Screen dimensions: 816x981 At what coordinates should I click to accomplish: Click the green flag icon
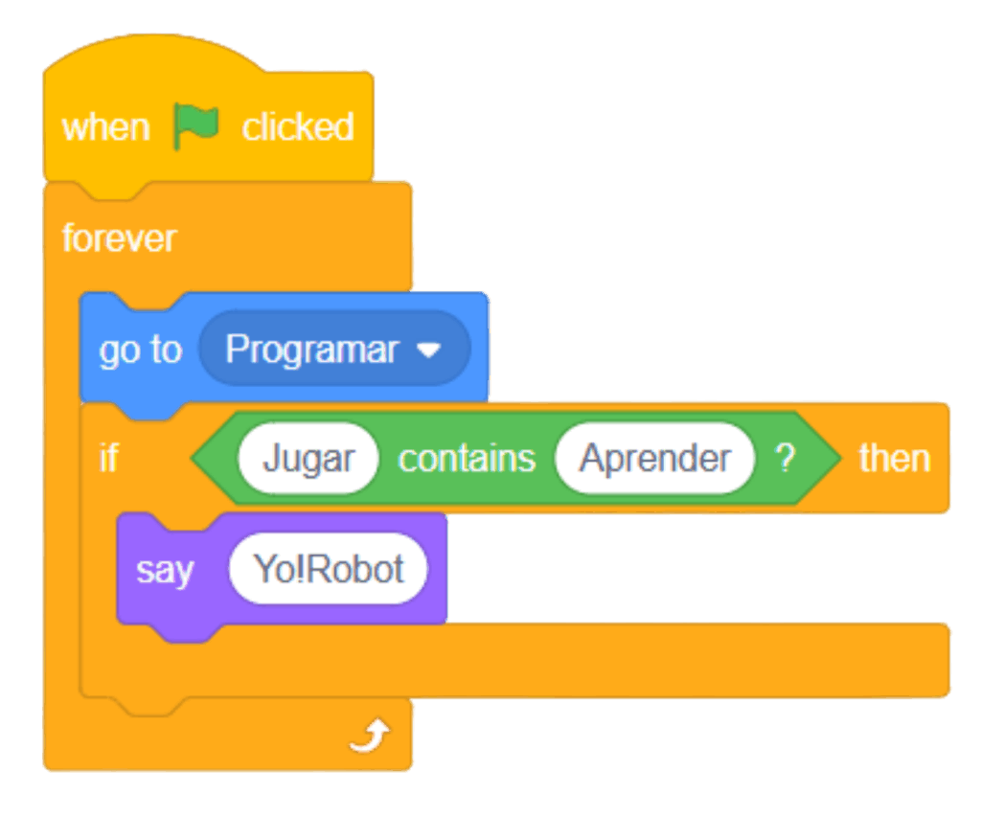[x=195, y=126]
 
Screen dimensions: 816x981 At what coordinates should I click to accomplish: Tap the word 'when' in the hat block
[x=105, y=127]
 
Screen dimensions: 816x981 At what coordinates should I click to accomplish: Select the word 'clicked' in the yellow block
[x=298, y=127]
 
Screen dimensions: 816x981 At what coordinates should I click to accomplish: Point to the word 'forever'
[x=119, y=238]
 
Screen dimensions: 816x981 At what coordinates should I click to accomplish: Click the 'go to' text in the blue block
[x=140, y=351]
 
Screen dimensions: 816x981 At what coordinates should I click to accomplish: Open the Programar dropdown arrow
[x=429, y=351]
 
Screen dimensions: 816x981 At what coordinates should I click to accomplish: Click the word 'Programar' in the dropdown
[x=311, y=351]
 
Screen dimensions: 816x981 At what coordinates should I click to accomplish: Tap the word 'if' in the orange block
[x=108, y=459]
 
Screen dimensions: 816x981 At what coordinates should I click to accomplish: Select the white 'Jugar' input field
[x=308, y=459]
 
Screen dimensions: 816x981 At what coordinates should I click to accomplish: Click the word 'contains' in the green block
[x=467, y=459]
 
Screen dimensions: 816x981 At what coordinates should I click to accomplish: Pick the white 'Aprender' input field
[x=655, y=459]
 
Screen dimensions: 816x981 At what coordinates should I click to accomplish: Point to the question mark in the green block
[x=786, y=459]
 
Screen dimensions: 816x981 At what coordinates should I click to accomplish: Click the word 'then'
[x=894, y=459]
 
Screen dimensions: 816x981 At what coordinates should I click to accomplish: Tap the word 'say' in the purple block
[x=165, y=570]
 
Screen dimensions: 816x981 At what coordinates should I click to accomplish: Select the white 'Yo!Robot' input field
[x=329, y=570]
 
